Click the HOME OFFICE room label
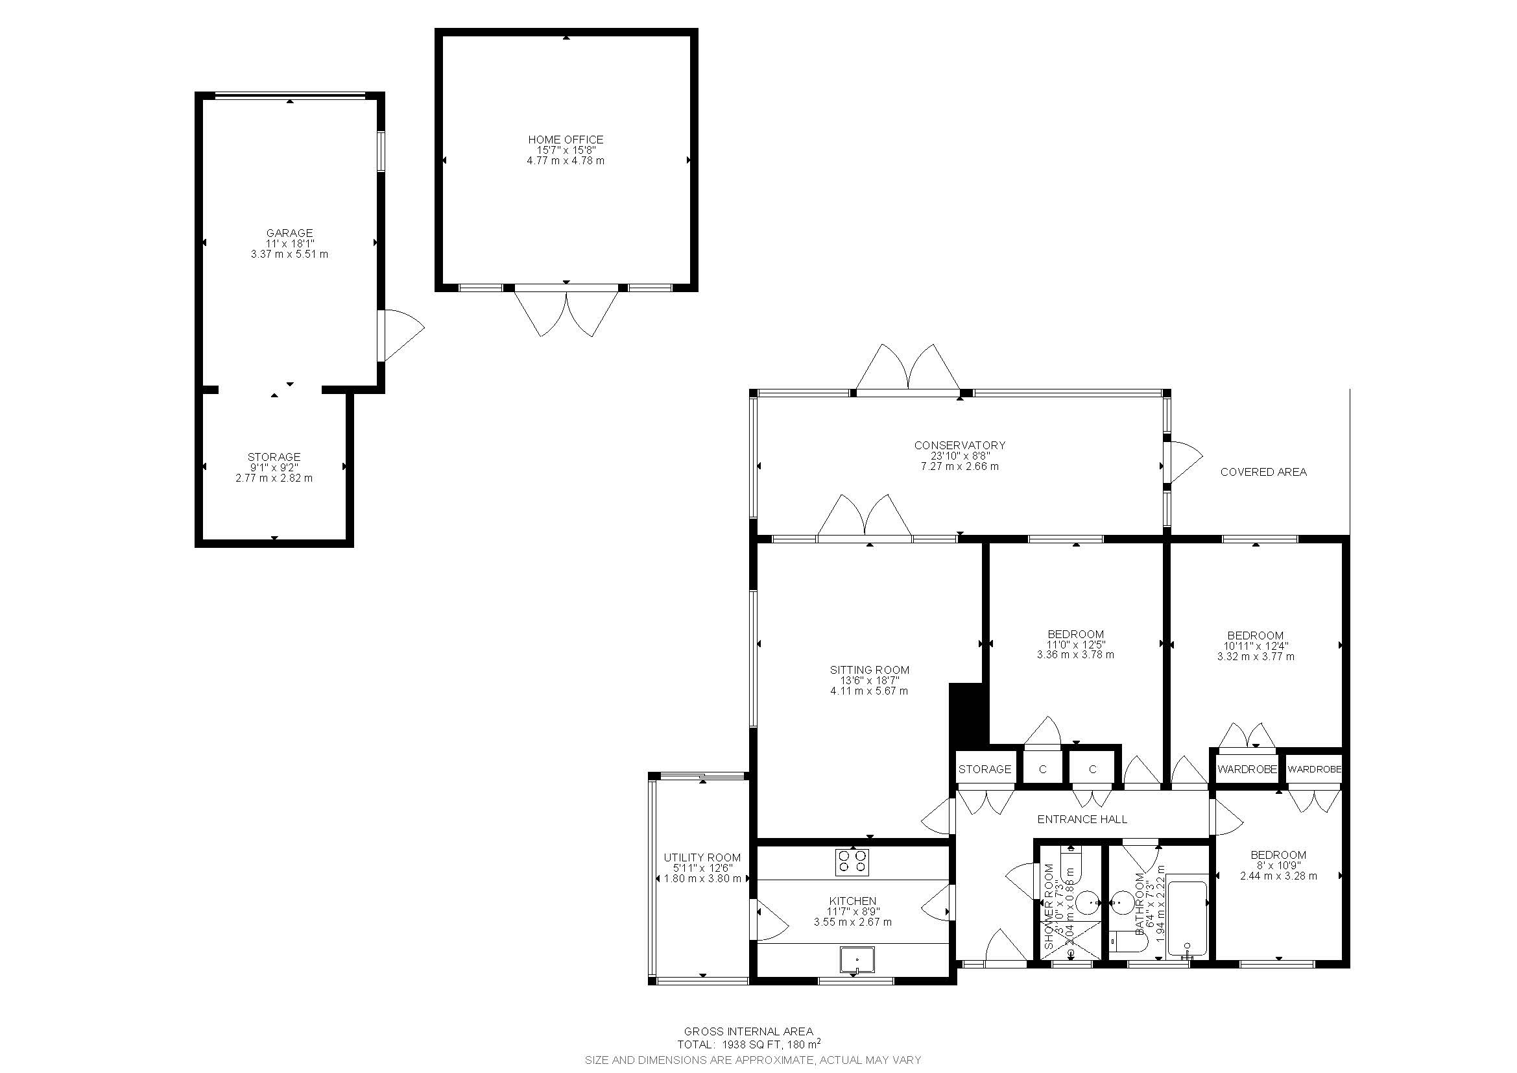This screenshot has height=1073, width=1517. click(566, 140)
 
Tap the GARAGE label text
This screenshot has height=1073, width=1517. click(289, 233)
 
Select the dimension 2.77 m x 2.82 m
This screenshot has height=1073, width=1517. click(274, 478)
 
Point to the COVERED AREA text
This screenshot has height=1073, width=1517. click(1263, 472)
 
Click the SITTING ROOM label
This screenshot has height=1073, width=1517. click(869, 670)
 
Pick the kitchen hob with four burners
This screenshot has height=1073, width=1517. click(852, 862)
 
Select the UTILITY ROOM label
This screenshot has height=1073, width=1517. click(702, 857)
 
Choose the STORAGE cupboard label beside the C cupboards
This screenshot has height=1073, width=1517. click(985, 769)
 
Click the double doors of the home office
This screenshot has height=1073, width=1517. click(566, 314)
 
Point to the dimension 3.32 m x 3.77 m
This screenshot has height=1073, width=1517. click(1256, 656)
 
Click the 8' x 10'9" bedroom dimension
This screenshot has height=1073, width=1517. click(1278, 865)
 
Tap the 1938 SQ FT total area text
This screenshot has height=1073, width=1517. click(749, 1045)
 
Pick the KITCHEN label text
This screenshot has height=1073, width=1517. click(852, 900)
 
